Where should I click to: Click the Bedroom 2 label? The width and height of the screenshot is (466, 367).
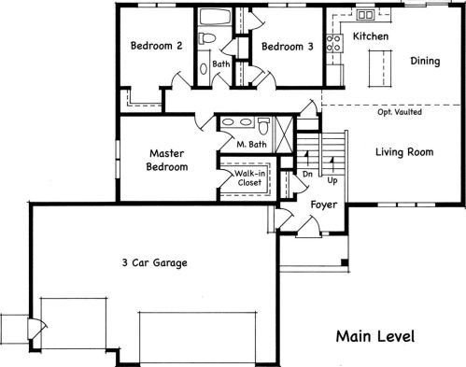(x=156, y=46)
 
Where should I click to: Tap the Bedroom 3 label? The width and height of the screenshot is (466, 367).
(x=288, y=47)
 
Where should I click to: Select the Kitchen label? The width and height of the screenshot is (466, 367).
(x=371, y=36)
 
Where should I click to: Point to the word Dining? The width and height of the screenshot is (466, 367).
(x=425, y=61)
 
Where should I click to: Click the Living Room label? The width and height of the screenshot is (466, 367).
(x=404, y=152)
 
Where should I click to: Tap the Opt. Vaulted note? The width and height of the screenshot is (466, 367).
(x=400, y=112)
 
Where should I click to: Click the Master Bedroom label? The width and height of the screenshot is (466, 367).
(x=167, y=160)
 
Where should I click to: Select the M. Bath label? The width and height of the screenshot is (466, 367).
(x=251, y=145)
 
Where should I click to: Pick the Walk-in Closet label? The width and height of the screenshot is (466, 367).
(x=249, y=177)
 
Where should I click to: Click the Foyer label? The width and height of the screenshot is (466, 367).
(x=324, y=205)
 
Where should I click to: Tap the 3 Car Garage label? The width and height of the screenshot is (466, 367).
(x=155, y=262)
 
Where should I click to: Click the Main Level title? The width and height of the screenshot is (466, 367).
(x=375, y=336)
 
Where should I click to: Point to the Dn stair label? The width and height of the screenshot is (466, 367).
(x=307, y=174)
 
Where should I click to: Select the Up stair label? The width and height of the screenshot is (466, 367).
(x=332, y=180)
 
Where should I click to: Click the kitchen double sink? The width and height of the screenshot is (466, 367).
(x=365, y=14)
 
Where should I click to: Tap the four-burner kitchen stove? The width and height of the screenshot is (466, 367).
(x=334, y=43)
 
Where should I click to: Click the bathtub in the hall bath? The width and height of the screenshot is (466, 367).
(x=215, y=17)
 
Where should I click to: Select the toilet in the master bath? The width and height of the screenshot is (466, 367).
(x=263, y=126)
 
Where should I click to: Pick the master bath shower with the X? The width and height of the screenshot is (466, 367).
(x=285, y=134)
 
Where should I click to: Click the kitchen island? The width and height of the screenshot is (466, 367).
(x=380, y=68)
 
